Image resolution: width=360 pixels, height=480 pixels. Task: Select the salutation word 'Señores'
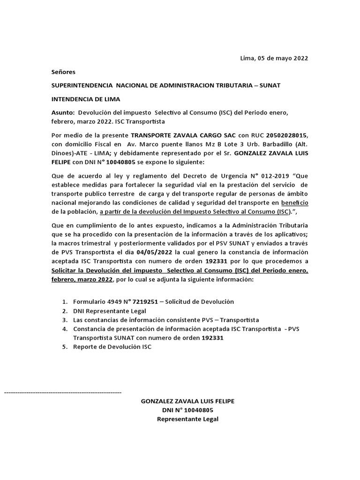pyautogui.click(x=63, y=72)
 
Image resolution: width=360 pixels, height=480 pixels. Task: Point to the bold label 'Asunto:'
pyautogui.click(x=63, y=113)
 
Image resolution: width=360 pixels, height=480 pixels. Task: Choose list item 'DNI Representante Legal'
pyautogui.click(x=110, y=311)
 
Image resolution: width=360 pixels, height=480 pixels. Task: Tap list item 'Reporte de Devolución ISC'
pyautogui.click(x=112, y=346)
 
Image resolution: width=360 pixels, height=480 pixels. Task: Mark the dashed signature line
pyautogui.click(x=63, y=391)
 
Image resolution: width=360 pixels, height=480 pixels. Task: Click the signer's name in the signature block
pyautogui.click(x=188, y=401)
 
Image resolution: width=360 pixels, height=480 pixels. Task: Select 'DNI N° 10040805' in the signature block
pyautogui.click(x=188, y=410)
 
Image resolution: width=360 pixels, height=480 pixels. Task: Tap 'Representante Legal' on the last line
pyautogui.click(x=188, y=419)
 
